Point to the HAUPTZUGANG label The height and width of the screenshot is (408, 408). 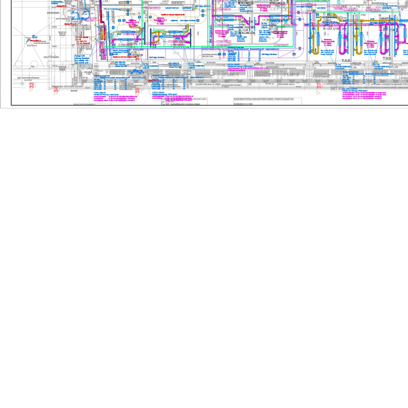pos(51,57)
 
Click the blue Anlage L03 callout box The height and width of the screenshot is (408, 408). pos(82,59)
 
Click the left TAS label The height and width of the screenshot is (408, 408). pos(346,61)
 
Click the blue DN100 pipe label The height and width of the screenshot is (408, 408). pos(35,37)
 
